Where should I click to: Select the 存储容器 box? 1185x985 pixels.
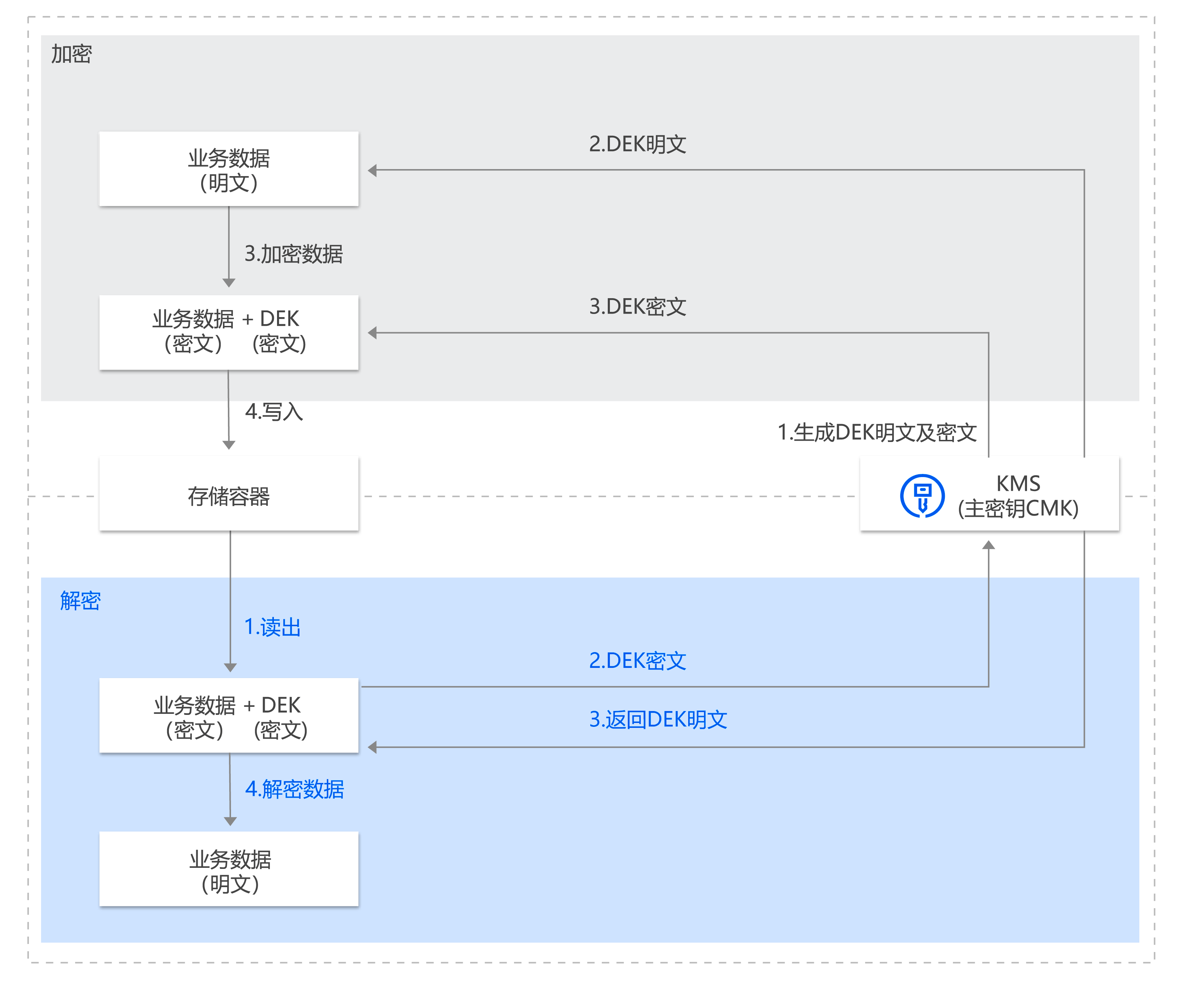229,495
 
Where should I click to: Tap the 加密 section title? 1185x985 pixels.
71,54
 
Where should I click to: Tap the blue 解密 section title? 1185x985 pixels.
80,601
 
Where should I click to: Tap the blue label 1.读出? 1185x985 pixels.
272,627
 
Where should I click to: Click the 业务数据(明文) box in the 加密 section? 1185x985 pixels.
229,169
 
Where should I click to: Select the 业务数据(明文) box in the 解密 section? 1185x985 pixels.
229,869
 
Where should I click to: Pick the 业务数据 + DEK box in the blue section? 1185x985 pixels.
229,716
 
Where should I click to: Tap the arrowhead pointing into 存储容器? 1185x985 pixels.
229,445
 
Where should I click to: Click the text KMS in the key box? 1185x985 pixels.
1018,483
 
